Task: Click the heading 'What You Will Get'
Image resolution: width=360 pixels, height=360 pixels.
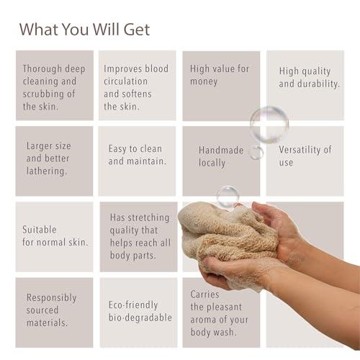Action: point(84,30)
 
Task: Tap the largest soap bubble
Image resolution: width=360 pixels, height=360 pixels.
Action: point(269,125)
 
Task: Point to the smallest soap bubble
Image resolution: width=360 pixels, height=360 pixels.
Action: point(256,153)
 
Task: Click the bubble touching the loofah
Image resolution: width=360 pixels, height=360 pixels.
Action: point(228,197)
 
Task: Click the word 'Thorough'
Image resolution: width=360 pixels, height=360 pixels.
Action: point(42,69)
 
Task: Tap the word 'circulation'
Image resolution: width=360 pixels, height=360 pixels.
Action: point(125,81)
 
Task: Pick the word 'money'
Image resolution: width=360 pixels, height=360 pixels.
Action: point(204,82)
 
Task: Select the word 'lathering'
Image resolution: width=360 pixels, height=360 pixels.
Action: point(45,171)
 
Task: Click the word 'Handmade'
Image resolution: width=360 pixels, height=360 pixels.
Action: point(221,150)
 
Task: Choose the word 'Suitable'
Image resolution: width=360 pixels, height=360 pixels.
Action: point(40,230)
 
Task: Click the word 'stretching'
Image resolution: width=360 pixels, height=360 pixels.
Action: point(148,218)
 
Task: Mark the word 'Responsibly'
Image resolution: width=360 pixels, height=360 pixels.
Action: point(51,298)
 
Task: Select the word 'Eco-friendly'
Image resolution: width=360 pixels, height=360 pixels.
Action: point(133,305)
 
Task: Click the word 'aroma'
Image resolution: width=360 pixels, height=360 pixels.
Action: point(203,320)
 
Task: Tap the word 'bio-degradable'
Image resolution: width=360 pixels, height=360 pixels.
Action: point(140,318)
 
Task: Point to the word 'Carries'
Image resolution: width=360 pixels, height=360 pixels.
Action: point(204,294)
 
